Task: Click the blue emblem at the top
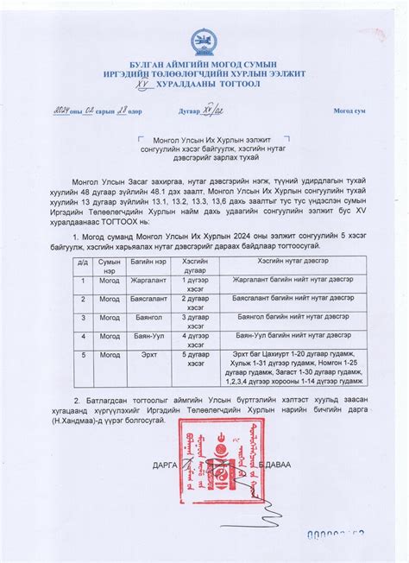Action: pos(205,40)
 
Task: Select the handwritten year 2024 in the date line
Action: pos(61,111)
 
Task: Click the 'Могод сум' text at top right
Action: pos(349,111)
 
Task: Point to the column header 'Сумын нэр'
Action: pos(109,264)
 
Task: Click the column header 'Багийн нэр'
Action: pos(148,260)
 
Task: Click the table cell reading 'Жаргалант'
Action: pos(148,281)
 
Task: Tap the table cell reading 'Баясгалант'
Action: pos(148,299)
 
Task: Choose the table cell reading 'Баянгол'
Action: pos(148,317)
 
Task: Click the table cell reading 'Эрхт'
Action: pos(148,354)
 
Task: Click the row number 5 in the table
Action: pos(84,354)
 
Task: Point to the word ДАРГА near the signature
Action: pos(163,465)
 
